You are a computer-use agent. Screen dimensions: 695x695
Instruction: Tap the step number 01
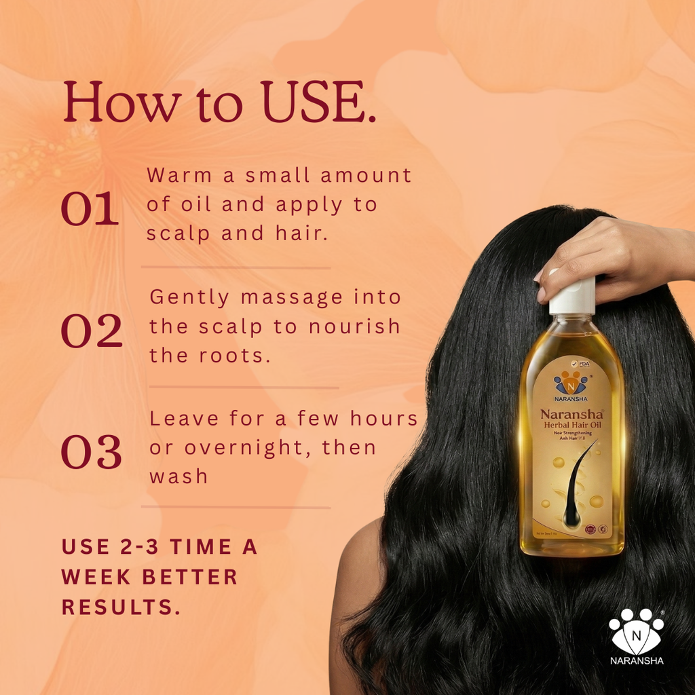pos(90,210)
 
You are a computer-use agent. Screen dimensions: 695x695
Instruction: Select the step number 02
pos(92,331)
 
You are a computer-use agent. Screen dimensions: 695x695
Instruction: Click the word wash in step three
pos(179,476)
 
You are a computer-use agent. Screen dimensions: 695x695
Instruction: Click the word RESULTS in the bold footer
pos(121,607)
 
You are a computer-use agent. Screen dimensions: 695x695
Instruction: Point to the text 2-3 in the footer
pos(130,547)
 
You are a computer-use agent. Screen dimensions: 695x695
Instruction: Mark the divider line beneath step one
pos(236,267)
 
